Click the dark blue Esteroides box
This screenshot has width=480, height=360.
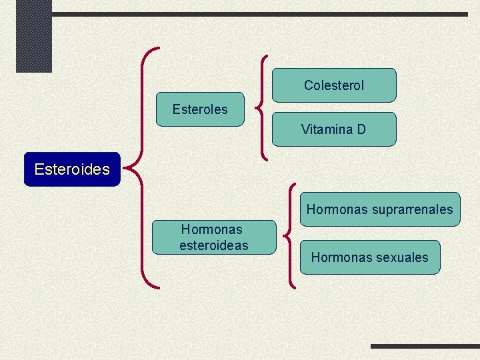pos(72,169)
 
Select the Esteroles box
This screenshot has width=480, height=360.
pos(200,109)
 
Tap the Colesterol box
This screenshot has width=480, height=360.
pos(334,85)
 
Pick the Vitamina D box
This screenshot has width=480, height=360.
pos(333,129)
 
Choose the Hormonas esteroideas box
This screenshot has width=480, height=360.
pos(213,237)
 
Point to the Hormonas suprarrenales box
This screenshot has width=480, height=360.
pos(379,209)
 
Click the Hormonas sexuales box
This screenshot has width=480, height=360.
pos(370,257)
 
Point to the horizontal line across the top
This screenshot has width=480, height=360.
pos(260,14)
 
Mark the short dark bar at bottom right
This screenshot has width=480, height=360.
pos(425,347)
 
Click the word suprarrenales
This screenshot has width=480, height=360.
pos(412,209)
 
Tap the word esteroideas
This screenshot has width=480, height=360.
pos(213,245)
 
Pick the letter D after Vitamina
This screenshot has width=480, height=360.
pos(361,129)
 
